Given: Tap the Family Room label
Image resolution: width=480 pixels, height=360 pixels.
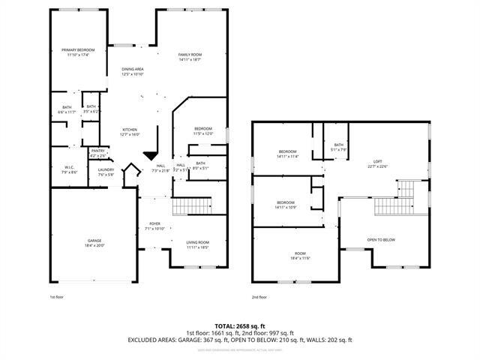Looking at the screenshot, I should [x=190, y=57].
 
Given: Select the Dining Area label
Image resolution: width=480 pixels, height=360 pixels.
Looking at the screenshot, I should [x=132, y=71].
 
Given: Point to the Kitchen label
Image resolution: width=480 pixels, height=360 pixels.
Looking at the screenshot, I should [x=130, y=131].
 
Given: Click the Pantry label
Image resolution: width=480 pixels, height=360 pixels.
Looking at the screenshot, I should [x=97, y=152].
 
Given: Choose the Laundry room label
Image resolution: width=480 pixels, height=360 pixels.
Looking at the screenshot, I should [x=106, y=172].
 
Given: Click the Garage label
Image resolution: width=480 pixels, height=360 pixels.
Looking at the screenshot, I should [x=94, y=242].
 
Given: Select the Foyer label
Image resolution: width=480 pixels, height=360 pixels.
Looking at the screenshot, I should [x=154, y=226].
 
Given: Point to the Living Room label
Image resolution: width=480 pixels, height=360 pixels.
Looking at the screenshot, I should [x=198, y=244].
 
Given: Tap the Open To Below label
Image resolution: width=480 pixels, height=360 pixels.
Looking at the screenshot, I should [x=381, y=240].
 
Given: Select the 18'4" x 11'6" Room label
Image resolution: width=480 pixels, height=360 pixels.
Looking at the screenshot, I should [x=300, y=256].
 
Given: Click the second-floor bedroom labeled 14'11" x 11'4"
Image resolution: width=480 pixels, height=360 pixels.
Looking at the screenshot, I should [x=287, y=154].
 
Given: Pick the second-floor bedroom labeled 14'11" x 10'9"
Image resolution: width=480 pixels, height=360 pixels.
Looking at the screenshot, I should [x=285, y=205].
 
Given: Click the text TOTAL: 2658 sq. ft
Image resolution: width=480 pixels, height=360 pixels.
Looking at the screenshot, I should [x=240, y=327].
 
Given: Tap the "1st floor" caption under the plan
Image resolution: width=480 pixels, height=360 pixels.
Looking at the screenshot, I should [x=46, y=297].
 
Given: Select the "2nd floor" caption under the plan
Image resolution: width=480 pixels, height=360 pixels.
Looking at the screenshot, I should [x=259, y=297].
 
